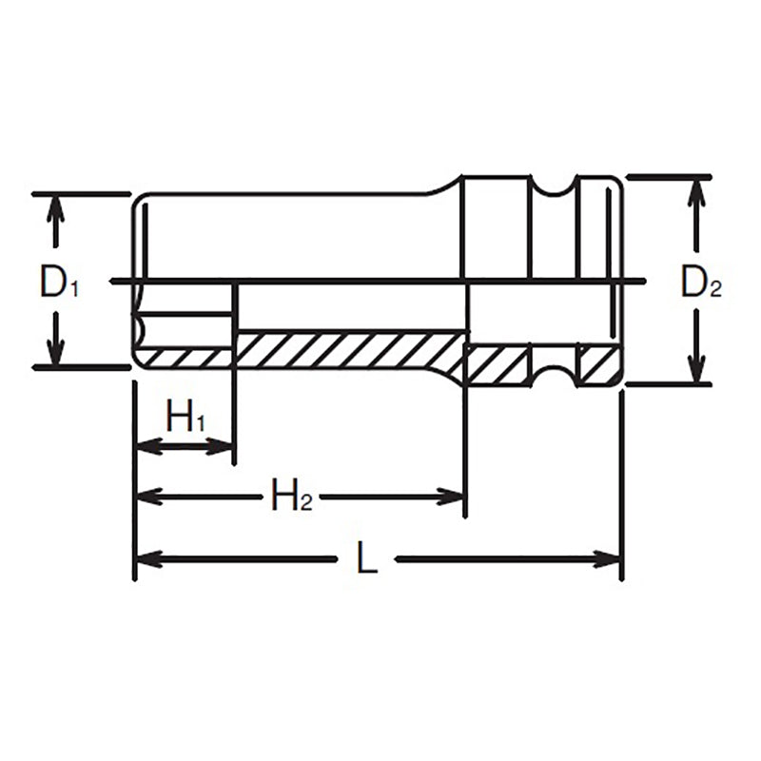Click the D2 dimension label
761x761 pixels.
click(x=700, y=283)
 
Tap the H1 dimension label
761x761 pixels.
click(x=185, y=417)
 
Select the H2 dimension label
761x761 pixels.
click(x=290, y=496)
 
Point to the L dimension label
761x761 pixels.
click(x=367, y=558)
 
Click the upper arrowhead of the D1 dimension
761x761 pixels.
click(x=56, y=204)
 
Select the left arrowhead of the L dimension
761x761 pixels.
click(x=146, y=558)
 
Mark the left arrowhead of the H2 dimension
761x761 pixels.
click(x=146, y=496)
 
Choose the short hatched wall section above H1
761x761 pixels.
click(x=185, y=358)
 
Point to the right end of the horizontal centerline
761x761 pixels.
click(x=643, y=282)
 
